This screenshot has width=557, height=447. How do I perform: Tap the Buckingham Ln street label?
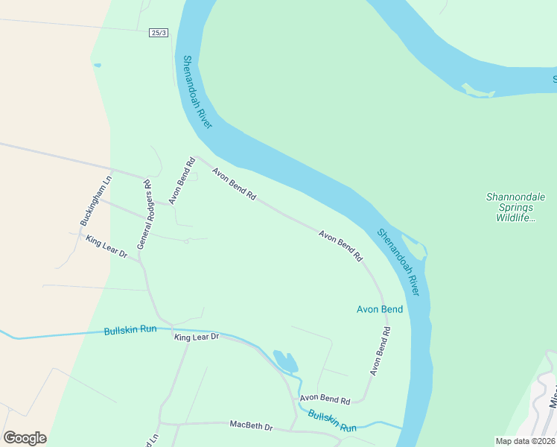pyautogui.click(x=96, y=200)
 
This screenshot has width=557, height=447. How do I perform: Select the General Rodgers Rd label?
pyautogui.click(x=144, y=215)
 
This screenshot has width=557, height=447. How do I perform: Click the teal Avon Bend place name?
pyautogui.click(x=380, y=309)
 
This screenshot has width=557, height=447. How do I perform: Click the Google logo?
pyautogui.click(x=25, y=438)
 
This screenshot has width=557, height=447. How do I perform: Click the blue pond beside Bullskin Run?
pyautogui.click(x=286, y=361)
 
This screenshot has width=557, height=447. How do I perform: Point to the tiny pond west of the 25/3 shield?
pyautogui.click(x=98, y=65)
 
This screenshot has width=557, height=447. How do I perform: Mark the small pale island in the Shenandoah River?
pyautogui.click(x=478, y=92)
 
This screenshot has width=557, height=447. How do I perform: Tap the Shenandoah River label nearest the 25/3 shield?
pyautogui.click(x=198, y=92)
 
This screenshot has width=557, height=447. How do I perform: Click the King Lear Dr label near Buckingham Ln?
pyautogui.click(x=107, y=247)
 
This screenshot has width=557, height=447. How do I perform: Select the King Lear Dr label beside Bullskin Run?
pyautogui.click(x=197, y=337)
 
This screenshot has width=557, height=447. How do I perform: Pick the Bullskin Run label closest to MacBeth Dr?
pyautogui.click(x=332, y=422)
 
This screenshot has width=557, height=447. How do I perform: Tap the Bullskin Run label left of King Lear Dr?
pyautogui.click(x=130, y=329)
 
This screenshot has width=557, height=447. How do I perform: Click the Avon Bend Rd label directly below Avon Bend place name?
pyautogui.click(x=380, y=350)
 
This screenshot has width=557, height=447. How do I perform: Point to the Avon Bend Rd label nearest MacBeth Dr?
pyautogui.click(x=325, y=399)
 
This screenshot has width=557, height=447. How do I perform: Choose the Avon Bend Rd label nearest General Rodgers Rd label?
pyautogui.click(x=180, y=180)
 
